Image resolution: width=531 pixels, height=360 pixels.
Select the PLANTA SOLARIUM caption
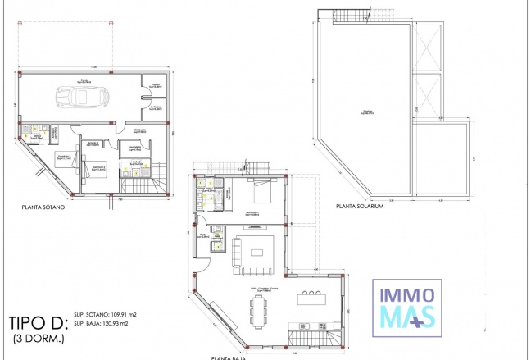pyautogui.click(x=359, y=207)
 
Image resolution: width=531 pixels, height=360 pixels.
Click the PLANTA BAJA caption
pyautogui.click(x=232, y=357)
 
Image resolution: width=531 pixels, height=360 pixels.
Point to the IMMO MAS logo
pyautogui.click(x=408, y=305)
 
